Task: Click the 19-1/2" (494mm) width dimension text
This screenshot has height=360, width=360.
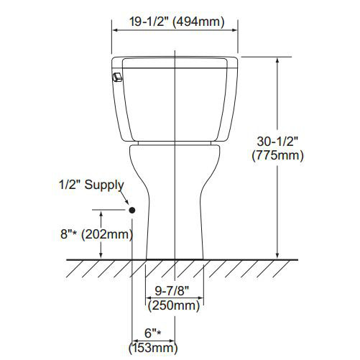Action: point(176,22)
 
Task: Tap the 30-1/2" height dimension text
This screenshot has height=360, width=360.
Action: point(277,140)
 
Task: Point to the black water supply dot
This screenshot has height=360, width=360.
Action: point(131,210)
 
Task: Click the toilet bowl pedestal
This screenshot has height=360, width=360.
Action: point(176,201)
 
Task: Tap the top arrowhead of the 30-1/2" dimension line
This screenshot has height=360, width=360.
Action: point(277,61)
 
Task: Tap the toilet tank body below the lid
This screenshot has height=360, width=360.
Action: point(176,108)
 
